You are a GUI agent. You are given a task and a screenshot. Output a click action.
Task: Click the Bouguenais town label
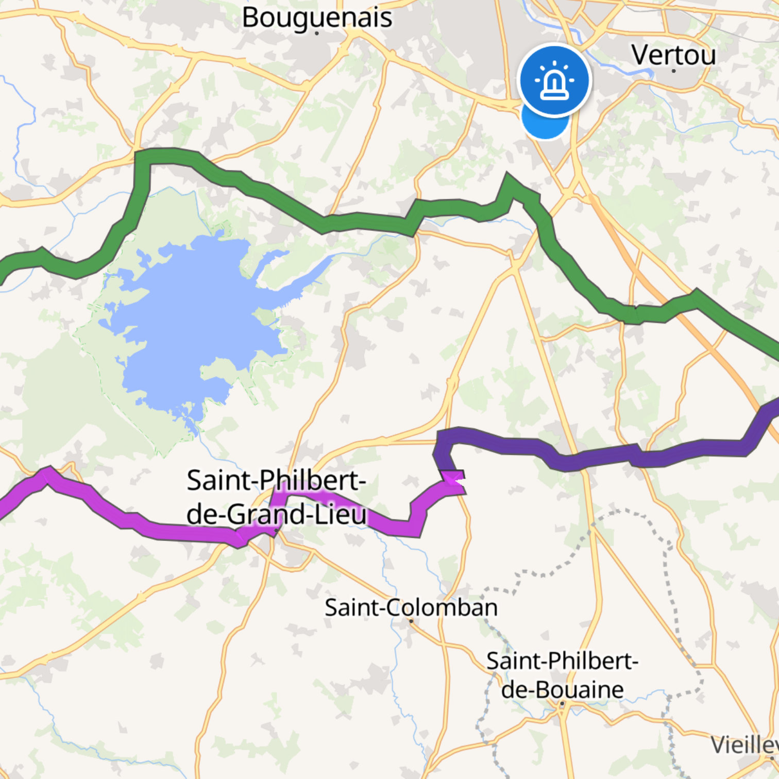[317, 18]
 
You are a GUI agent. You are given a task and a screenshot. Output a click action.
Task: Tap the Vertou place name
[673, 55]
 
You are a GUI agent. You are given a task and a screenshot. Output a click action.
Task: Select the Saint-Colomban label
[411, 607]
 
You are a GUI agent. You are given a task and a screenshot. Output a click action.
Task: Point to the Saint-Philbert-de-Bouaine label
[562, 675]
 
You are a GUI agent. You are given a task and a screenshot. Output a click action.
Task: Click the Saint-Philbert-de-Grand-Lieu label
[277, 497]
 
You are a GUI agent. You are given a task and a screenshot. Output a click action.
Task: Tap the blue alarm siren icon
[554, 80]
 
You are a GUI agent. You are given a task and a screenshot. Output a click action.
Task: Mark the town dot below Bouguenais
[317, 33]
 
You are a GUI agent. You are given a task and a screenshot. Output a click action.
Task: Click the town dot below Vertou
[673, 71]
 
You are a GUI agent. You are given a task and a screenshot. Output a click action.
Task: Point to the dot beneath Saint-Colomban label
[411, 621]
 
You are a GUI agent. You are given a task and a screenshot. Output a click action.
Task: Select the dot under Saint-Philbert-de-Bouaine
[562, 703]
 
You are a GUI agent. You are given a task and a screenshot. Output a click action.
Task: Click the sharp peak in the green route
[508, 178]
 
